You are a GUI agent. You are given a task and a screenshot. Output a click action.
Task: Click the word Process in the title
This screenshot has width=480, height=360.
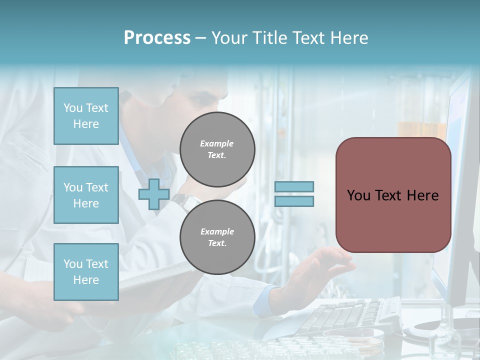coord(157,38)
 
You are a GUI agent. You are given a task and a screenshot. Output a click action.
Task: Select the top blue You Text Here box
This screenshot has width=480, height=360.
coord(86,116)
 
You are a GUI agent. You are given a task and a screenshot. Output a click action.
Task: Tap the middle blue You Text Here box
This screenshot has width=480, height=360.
coord(86,195)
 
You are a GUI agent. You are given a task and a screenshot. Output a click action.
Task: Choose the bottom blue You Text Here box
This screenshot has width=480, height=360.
coord(86,272)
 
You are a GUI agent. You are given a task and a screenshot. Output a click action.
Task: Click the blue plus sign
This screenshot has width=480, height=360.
coord(153,194)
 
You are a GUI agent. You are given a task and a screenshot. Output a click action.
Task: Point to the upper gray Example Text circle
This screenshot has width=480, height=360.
coord(217,149)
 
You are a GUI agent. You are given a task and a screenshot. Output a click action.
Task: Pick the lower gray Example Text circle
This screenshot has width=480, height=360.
coord(217,237)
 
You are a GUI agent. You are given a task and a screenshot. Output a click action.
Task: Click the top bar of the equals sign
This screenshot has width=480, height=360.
coord(294,187)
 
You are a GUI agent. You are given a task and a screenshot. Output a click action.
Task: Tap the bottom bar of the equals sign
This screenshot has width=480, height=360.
coord(294,201)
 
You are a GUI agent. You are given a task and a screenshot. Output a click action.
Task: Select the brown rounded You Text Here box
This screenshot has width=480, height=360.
coord(393,195)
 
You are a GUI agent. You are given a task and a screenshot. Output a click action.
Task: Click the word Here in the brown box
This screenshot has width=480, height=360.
coord(422,195)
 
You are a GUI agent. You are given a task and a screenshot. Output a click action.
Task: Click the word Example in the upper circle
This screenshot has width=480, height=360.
coord(217,143)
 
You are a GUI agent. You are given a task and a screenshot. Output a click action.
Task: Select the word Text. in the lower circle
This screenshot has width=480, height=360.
coord(217,243)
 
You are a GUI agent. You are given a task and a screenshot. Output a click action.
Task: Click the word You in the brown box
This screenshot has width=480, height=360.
coord(358,195)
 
